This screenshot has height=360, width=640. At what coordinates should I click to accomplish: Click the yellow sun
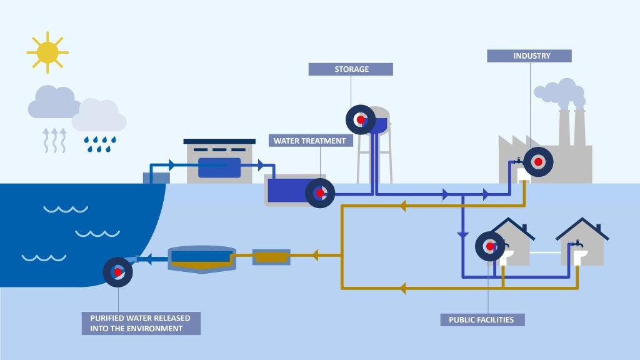(x=47, y=52)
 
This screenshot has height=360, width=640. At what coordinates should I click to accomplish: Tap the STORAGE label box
(x=351, y=69)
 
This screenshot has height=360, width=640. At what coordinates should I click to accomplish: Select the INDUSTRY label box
(x=529, y=56)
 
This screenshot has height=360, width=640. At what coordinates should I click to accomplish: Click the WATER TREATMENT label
(x=309, y=141)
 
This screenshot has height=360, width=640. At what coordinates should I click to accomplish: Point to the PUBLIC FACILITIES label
(x=481, y=320)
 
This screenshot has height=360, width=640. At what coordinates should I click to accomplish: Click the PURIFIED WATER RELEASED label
(x=141, y=323)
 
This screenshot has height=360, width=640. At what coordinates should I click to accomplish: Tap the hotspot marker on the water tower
(x=361, y=119)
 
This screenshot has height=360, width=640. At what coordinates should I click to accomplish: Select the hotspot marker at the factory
(x=537, y=162)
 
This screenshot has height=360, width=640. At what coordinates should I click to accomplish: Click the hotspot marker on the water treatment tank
(x=320, y=193)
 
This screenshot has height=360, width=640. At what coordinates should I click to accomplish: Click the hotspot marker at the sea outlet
(x=117, y=272)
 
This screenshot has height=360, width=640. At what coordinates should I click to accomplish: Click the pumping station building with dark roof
(x=219, y=161)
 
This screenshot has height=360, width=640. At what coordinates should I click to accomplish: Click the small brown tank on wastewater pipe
(x=271, y=256)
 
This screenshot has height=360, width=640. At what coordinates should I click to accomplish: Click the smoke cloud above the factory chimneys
(x=559, y=92)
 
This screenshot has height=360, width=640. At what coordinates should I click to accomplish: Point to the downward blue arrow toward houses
(x=462, y=234)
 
